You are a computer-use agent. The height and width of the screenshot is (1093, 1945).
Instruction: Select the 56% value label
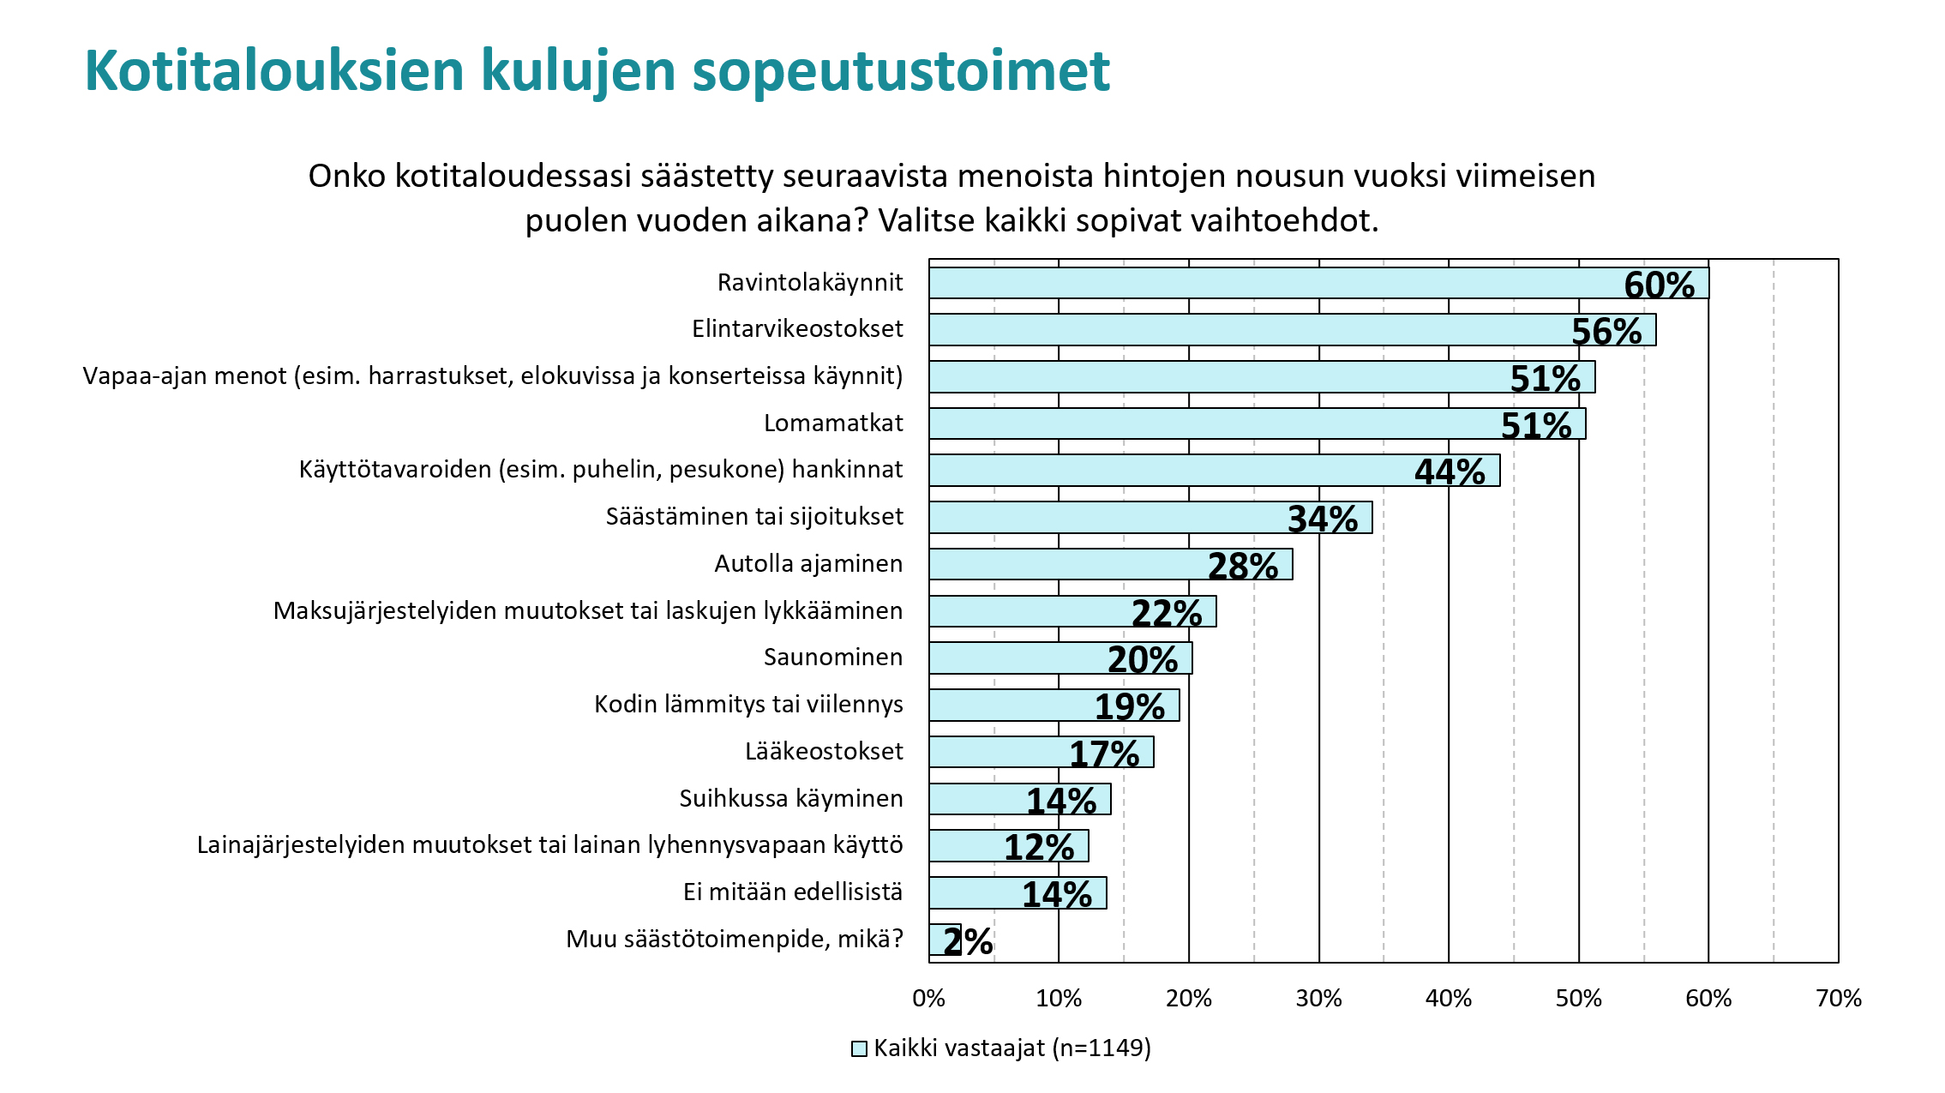pyautogui.click(x=1606, y=332)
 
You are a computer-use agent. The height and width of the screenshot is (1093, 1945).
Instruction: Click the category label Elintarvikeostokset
pyautogui.click(x=797, y=329)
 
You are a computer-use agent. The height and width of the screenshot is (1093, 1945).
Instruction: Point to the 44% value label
pyautogui.click(x=1450, y=472)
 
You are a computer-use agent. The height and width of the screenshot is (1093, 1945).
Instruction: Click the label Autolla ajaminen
pyautogui.click(x=808, y=564)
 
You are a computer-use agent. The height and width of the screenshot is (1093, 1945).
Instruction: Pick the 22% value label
pyautogui.click(x=1166, y=614)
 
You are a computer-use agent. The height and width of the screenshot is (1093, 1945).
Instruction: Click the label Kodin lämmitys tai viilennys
pyautogui.click(x=748, y=705)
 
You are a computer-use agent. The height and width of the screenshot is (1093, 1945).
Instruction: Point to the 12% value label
pyautogui.click(x=1038, y=848)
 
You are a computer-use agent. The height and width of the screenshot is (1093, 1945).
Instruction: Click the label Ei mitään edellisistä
pyautogui.click(x=793, y=892)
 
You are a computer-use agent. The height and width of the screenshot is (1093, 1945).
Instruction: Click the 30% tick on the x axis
pyautogui.click(x=1318, y=999)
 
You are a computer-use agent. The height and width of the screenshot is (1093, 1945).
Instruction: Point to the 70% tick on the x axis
pyautogui.click(x=1838, y=999)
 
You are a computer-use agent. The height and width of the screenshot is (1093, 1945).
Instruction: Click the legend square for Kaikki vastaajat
pyautogui.click(x=859, y=1049)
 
